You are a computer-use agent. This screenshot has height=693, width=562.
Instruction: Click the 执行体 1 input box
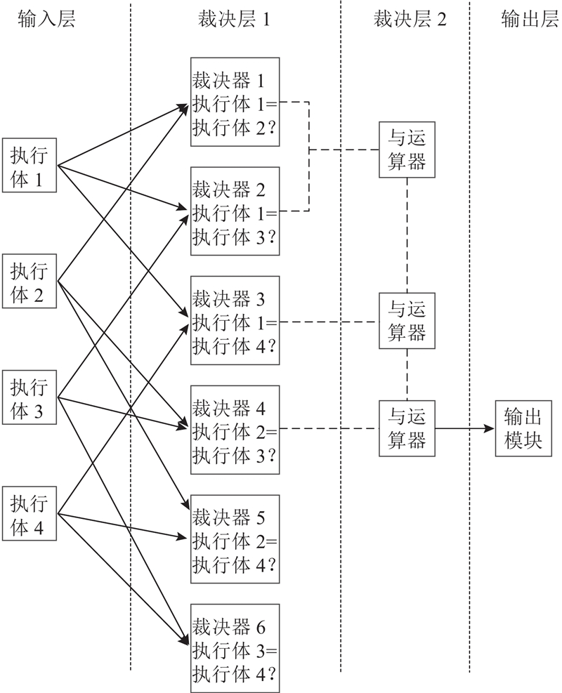(30, 166)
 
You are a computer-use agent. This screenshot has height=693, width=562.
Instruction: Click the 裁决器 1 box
(235, 102)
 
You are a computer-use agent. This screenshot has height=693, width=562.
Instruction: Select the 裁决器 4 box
(235, 429)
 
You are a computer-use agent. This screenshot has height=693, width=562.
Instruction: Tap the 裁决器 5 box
(235, 539)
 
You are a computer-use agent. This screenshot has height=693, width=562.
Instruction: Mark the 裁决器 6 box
(235, 647)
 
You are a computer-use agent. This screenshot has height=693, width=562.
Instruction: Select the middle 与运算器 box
(407, 321)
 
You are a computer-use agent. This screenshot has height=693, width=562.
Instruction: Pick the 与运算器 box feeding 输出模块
(407, 428)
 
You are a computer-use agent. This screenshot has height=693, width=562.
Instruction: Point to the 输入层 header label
(46, 19)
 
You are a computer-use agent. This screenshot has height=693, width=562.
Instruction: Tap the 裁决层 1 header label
(235, 19)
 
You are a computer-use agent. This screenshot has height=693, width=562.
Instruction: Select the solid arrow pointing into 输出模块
(465, 428)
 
